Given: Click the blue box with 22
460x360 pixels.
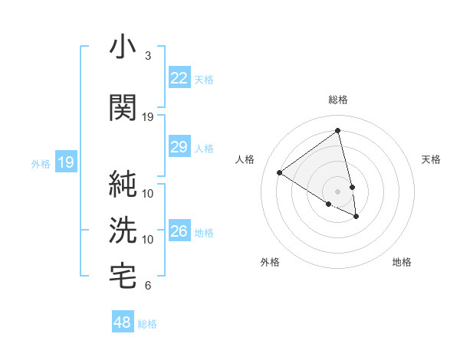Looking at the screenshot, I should [x=179, y=79].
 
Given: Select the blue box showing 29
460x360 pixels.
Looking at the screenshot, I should [x=179, y=147].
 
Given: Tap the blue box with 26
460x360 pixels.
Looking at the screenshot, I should [x=179, y=231].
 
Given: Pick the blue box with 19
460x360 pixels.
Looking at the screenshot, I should [x=65, y=162].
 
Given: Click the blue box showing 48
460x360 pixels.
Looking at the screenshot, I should [x=123, y=322].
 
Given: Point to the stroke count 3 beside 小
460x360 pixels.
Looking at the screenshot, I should [x=147, y=56].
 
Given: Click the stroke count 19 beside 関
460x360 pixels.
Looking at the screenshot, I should [x=148, y=116].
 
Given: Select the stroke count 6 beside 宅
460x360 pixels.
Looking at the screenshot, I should [x=147, y=286].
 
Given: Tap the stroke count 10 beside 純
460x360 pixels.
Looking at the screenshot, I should [x=148, y=193].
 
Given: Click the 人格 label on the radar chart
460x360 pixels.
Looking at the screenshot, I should [x=245, y=159].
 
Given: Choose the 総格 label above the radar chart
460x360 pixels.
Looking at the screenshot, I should [x=338, y=100].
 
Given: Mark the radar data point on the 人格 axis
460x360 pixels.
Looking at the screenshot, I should [x=279, y=172].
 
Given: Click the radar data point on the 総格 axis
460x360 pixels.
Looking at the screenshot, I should [x=337, y=130].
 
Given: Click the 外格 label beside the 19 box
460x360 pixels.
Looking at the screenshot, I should [x=41, y=163].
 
